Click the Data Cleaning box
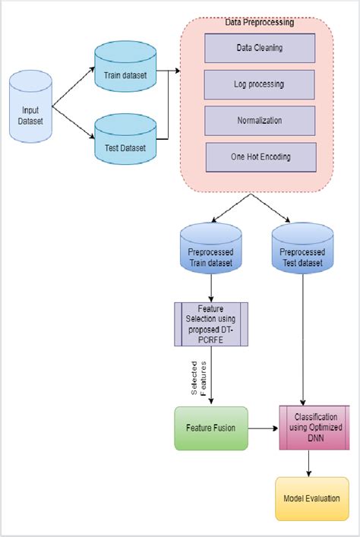pyautogui.click(x=260, y=48)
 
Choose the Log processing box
pyautogui.click(x=260, y=84)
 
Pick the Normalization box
pyautogui.click(x=260, y=121)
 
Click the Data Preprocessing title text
pyautogui.click(x=260, y=23)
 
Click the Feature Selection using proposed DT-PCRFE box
pyautogui.click(x=210, y=324)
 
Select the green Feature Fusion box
pyautogui.click(x=210, y=428)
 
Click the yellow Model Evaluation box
pyautogui.click(x=311, y=498)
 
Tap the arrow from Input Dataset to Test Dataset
pyautogui.click(x=73, y=128)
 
